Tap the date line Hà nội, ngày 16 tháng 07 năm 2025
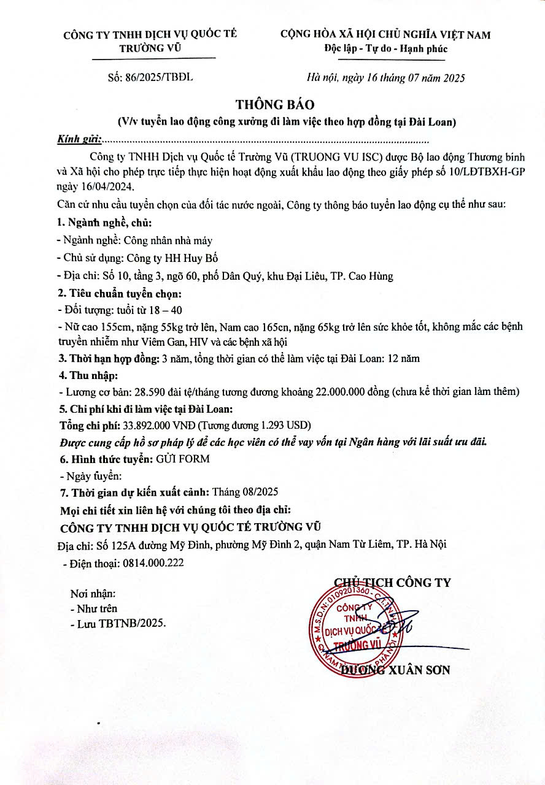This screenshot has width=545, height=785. (x=385, y=78)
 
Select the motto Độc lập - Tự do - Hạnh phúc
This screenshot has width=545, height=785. (x=386, y=49)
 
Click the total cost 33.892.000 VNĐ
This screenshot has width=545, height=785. (x=158, y=425)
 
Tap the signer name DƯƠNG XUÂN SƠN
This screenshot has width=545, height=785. (x=396, y=670)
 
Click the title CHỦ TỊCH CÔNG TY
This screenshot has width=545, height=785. (x=392, y=582)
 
